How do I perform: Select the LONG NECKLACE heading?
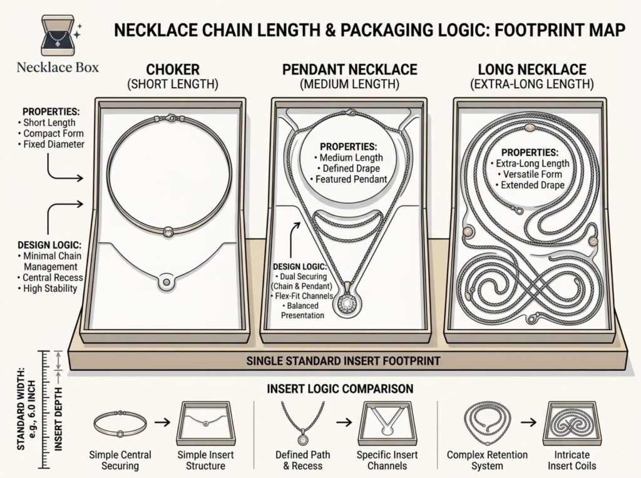pyautogui.click(x=531, y=70)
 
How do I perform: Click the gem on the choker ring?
pyautogui.click(x=169, y=231)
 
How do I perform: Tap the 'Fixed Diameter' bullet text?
pyautogui.click(x=53, y=145)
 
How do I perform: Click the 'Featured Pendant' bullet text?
pyautogui.click(x=346, y=180)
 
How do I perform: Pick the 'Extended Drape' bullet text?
pyautogui.click(x=529, y=185)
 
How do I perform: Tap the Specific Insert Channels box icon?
pyautogui.click(x=385, y=422)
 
